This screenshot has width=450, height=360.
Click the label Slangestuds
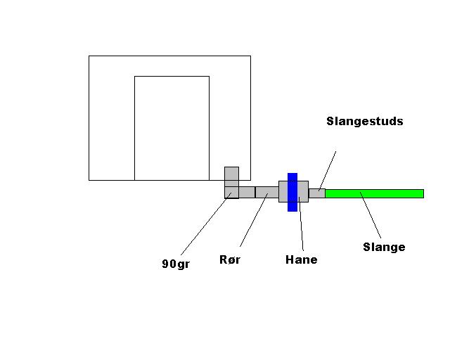(x=364, y=121)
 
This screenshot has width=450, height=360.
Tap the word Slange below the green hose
(x=384, y=247)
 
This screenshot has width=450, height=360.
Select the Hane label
(x=301, y=259)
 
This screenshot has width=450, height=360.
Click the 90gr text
(x=175, y=264)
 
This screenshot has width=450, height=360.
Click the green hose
(x=394, y=193)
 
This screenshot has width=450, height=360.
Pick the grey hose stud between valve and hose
(x=316, y=193)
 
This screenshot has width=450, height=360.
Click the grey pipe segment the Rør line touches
(x=266, y=192)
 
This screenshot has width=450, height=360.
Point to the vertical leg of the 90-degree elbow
(x=231, y=176)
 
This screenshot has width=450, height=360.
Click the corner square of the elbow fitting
(x=231, y=192)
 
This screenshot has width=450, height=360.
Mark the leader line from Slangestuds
(x=328, y=169)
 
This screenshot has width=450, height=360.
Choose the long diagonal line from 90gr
(x=204, y=225)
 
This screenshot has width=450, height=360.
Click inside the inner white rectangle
(x=172, y=127)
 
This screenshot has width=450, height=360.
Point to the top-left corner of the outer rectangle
(x=89, y=56)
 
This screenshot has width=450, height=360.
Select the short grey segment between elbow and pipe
(x=246, y=192)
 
